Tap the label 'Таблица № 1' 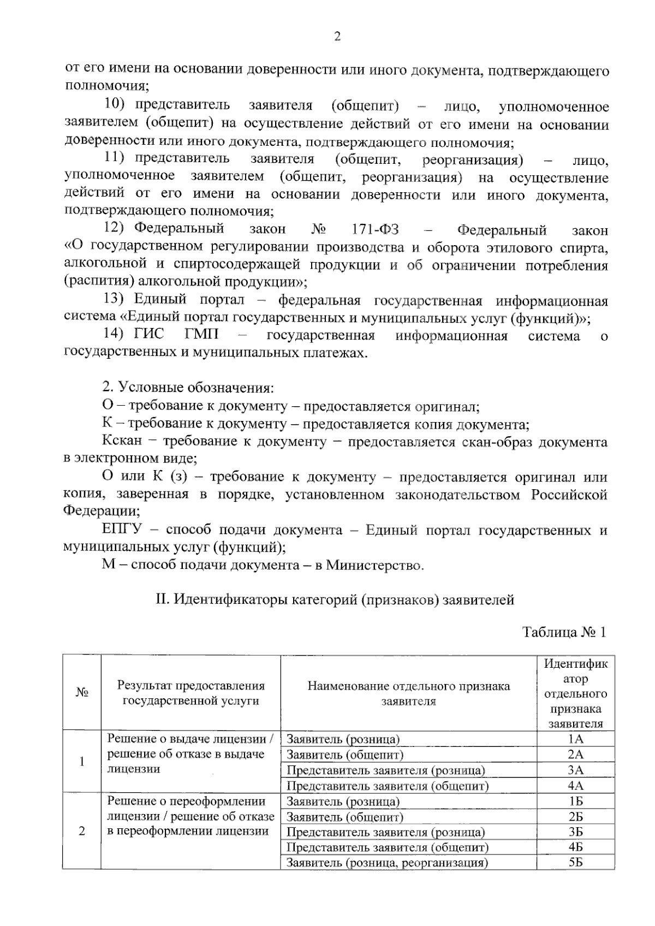click(564, 632)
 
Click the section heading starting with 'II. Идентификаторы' click(335, 600)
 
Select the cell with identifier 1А click(575, 739)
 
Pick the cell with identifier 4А click(575, 786)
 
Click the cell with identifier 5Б click(575, 863)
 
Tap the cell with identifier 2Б click(575, 817)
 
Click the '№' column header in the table click(82, 692)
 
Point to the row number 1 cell click(82, 762)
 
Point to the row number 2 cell click(82, 832)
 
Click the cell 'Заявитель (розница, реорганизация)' click(386, 863)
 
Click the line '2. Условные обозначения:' click(188, 389)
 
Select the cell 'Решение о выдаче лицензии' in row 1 click(190, 754)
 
